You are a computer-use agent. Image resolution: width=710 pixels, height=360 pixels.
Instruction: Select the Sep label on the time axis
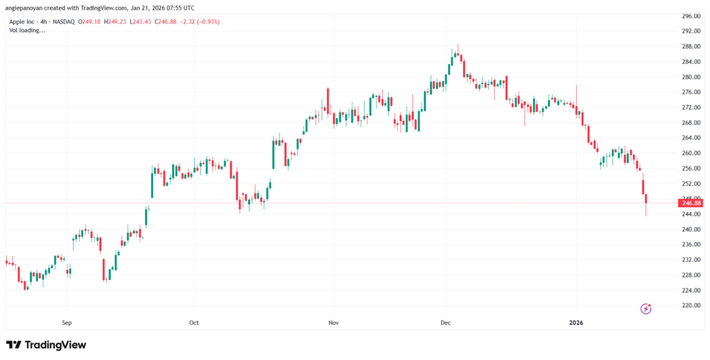(67, 323)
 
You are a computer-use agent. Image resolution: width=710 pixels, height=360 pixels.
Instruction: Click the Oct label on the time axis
(194, 323)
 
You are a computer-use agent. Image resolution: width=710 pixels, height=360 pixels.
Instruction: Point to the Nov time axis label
(334, 323)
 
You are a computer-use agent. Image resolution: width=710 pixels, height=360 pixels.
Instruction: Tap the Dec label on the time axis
(446, 323)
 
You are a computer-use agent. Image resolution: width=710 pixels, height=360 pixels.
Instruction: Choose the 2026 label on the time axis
(577, 323)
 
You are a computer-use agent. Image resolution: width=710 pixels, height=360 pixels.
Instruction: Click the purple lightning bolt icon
(646, 308)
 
